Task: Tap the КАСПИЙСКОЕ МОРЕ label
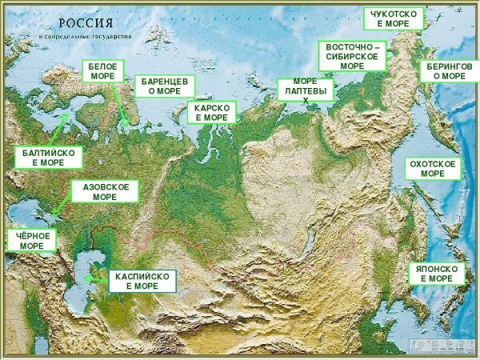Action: pyautogui.click(x=142, y=280)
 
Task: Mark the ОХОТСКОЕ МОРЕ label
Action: pyautogui.click(x=432, y=168)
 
